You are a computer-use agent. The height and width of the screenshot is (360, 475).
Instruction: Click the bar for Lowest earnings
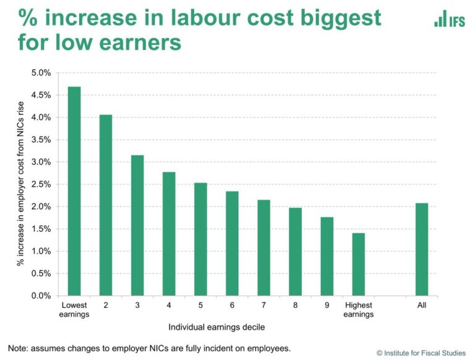74,191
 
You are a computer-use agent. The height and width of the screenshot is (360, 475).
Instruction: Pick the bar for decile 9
327,256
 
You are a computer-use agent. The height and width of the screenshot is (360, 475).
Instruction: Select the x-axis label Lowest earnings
74,309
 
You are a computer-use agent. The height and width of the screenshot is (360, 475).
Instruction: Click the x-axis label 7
263,305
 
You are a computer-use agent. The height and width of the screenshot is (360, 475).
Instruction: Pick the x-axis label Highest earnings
358,309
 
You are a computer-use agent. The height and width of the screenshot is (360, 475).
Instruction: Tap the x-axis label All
421,305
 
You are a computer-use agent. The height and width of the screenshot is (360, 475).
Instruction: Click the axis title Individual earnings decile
216,327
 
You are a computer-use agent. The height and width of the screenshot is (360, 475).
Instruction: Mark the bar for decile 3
137,225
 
